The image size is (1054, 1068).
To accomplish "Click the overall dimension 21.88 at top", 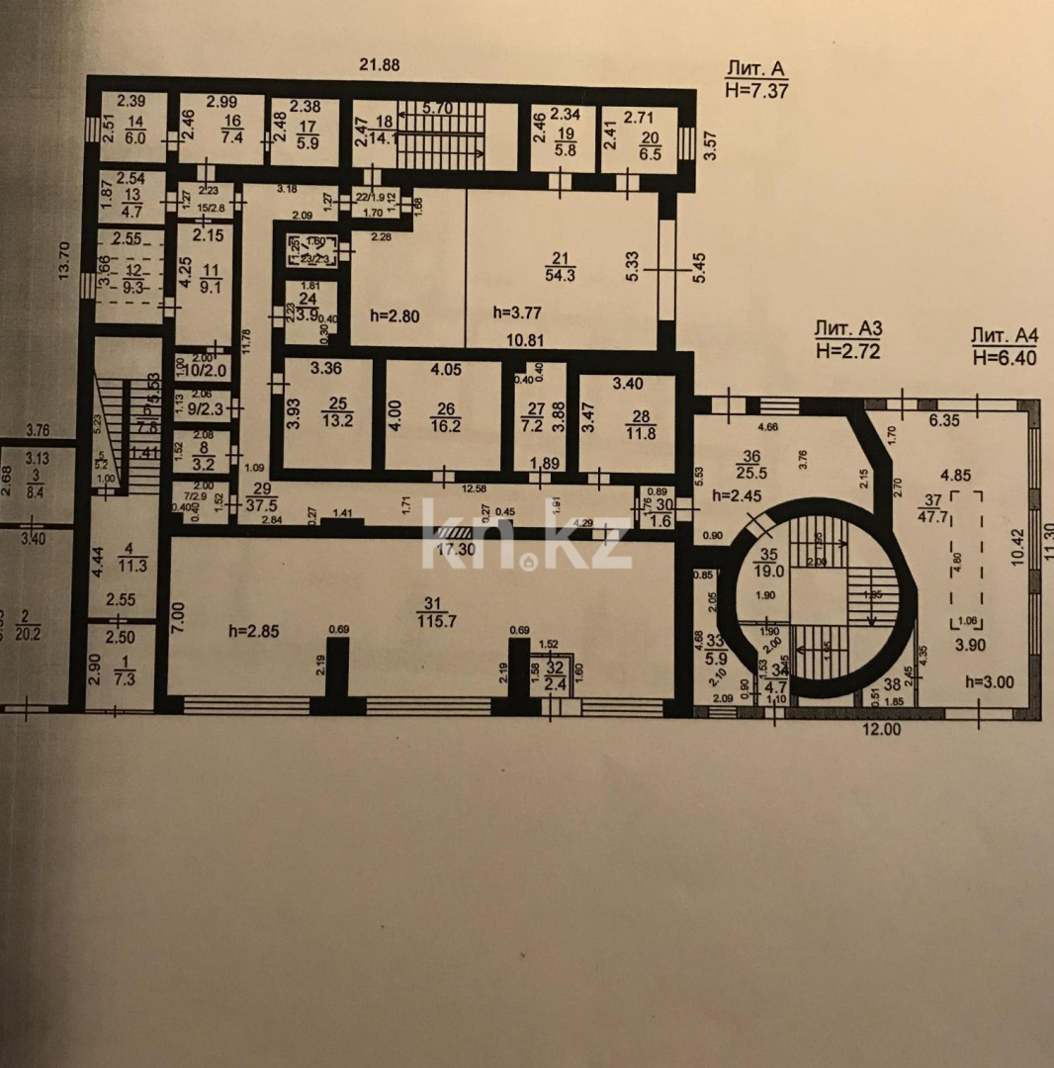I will pos(380,65).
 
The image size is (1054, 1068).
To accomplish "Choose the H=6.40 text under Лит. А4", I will pos(1005,358).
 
